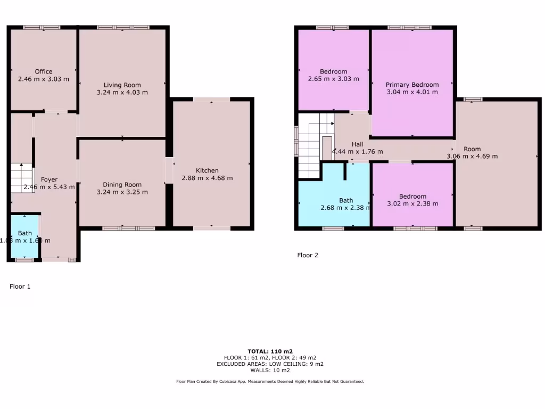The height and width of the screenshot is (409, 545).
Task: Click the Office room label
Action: pyautogui.click(x=44, y=72)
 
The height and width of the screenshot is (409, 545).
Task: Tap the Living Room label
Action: pyautogui.click(x=122, y=85)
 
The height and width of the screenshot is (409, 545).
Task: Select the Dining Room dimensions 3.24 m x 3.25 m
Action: pyautogui.click(x=122, y=192)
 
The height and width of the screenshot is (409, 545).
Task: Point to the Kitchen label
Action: pyautogui.click(x=207, y=170)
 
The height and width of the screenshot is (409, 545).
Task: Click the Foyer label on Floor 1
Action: pyautogui.click(x=49, y=179)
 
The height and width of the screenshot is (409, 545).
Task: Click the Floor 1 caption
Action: pyautogui.click(x=20, y=287)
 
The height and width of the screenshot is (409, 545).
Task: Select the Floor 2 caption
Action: pyautogui.click(x=308, y=255)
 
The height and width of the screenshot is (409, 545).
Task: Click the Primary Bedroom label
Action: pyautogui.click(x=412, y=85)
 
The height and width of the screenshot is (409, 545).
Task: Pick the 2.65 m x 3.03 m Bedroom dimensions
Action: pyautogui.click(x=333, y=79)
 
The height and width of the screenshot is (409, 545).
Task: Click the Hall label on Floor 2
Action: pyautogui.click(x=358, y=144)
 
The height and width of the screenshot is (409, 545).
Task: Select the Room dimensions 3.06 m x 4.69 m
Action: pyautogui.click(x=472, y=156)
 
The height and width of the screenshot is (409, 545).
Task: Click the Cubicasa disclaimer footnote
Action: pyautogui.click(x=270, y=381)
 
